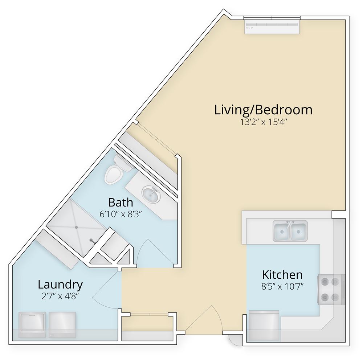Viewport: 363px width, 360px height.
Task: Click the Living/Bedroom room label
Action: coord(263,110)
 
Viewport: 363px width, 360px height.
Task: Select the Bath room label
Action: coord(121,202)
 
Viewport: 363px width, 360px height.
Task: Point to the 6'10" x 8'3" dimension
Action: coord(121,214)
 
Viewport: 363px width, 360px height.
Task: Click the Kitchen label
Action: coord(282,275)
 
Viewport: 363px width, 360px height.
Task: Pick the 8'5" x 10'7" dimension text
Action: coord(282,287)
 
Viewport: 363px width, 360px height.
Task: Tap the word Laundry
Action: coord(60,285)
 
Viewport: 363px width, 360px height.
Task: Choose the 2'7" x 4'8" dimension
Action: coord(60,296)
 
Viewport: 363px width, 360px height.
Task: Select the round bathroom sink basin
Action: coord(151,195)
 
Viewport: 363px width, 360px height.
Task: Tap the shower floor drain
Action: coord(76,227)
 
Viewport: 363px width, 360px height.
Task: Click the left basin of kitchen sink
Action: coord(282,231)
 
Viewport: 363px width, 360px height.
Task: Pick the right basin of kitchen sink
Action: coord(299,231)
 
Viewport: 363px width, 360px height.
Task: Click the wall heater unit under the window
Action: coord(272,27)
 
